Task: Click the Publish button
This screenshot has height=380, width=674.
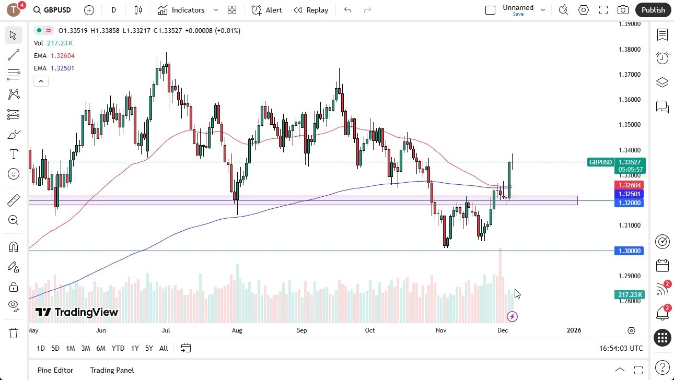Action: point(653,10)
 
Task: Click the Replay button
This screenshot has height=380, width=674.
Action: point(311,10)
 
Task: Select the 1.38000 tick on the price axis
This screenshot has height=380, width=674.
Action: point(629,50)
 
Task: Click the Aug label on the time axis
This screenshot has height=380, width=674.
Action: point(237,330)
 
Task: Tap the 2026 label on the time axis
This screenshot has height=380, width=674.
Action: point(574,330)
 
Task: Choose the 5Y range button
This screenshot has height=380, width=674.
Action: point(149,348)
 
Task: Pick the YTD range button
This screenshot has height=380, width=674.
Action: point(118,348)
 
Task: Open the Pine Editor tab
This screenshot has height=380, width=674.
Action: point(55,370)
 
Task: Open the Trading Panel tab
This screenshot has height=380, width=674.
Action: point(112,370)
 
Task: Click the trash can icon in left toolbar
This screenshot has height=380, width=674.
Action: point(14,333)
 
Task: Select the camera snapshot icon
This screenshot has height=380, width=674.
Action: point(623,10)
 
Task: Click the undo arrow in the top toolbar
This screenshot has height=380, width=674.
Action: point(348,10)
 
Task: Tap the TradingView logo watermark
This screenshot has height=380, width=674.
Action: point(77,312)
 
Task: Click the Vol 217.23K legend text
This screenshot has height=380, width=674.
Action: point(53,43)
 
